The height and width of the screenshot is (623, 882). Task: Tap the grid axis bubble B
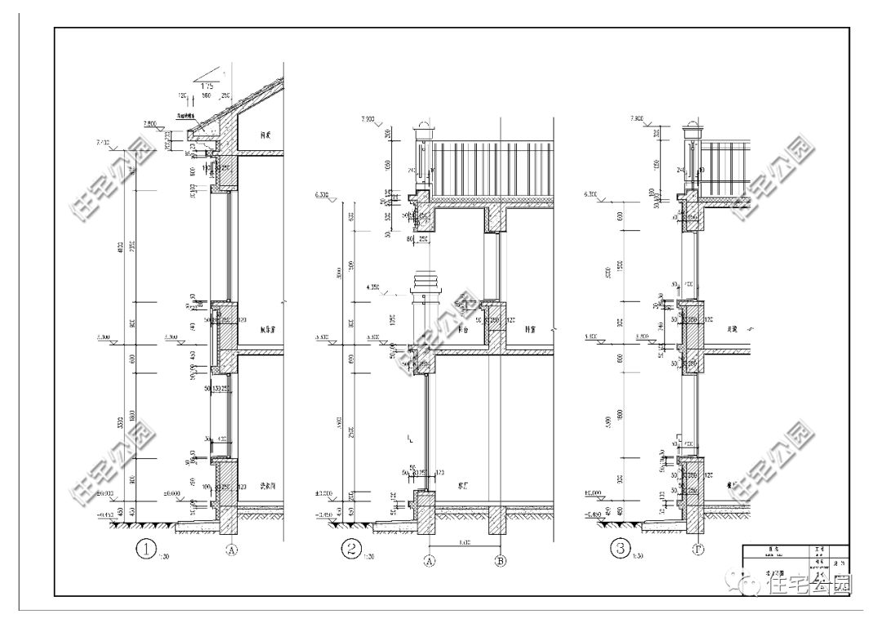[x=501, y=561]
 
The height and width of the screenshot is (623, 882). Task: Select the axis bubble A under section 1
[x=232, y=552]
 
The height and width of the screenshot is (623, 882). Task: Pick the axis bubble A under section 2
[x=430, y=561]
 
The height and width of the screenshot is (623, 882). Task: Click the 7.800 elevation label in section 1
[x=151, y=122]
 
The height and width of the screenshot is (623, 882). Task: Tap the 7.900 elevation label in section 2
[x=367, y=119]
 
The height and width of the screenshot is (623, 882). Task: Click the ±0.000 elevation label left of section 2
[x=327, y=495]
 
